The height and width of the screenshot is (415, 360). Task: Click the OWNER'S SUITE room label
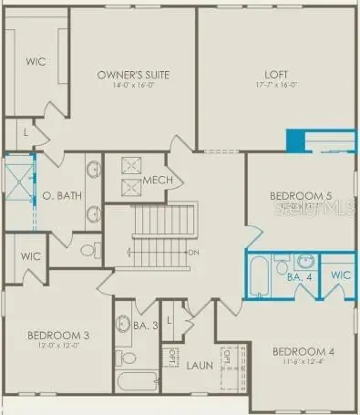(135, 74)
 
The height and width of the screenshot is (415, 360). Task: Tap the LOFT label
(276, 76)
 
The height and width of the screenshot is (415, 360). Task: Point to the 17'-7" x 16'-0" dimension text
(276, 87)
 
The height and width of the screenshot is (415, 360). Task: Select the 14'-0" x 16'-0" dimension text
(135, 85)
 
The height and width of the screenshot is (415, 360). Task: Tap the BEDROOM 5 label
(301, 196)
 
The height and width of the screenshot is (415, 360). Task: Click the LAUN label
(200, 366)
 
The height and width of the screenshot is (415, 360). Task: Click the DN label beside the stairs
(192, 252)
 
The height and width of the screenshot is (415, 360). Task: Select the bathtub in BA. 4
(260, 275)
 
